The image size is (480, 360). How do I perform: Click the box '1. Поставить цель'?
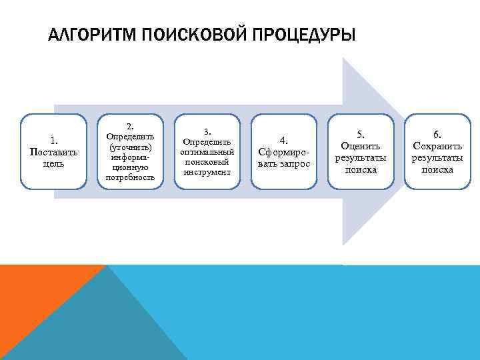pos(53,151)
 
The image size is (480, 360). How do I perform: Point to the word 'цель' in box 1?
pos(53,164)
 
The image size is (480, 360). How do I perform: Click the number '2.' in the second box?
pos(131,126)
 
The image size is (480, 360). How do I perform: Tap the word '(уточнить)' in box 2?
pos(131,147)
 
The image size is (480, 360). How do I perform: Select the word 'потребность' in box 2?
pos(131,177)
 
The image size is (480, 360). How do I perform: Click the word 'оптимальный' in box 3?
pos(207,152)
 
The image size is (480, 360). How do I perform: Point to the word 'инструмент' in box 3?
pos(207,172)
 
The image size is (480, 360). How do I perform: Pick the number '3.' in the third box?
pos(207,131)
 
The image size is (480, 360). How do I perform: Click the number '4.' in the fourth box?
pos(283,139)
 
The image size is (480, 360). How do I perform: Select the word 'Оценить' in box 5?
pos(360,145)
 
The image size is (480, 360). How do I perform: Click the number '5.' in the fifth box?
pos(360,133)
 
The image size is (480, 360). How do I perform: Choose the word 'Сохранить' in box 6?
pos(437,145)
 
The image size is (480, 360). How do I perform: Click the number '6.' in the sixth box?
pos(437,133)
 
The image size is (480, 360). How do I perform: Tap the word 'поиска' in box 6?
pos(437,169)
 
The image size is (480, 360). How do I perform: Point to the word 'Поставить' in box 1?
pos(53,151)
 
